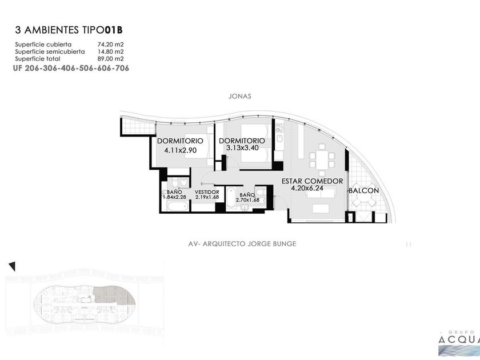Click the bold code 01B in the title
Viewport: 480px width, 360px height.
click(114, 30)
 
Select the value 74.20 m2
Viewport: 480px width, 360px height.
click(110, 45)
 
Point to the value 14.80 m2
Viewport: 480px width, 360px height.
click(110, 51)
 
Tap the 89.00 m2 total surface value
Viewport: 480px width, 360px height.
click(110, 58)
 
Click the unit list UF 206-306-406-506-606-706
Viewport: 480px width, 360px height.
click(71, 68)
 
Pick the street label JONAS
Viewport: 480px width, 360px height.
click(239, 96)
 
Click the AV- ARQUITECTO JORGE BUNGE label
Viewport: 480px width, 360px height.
click(242, 243)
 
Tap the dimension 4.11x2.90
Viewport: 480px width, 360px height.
click(181, 150)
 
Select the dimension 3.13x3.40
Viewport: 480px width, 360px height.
click(242, 147)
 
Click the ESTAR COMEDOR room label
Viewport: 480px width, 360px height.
click(312, 181)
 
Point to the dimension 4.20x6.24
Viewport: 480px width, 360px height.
click(307, 188)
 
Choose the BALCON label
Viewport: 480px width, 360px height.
click(364, 190)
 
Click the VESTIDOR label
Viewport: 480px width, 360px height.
click(207, 192)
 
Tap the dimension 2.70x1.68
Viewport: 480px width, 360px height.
click(247, 200)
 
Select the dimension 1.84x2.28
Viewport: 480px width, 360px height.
click(174, 197)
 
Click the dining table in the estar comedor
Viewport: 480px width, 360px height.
click(322, 160)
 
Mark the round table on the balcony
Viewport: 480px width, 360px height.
click(363, 202)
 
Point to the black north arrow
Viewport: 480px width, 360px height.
click(12, 266)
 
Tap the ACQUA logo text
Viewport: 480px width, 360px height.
click(459, 339)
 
